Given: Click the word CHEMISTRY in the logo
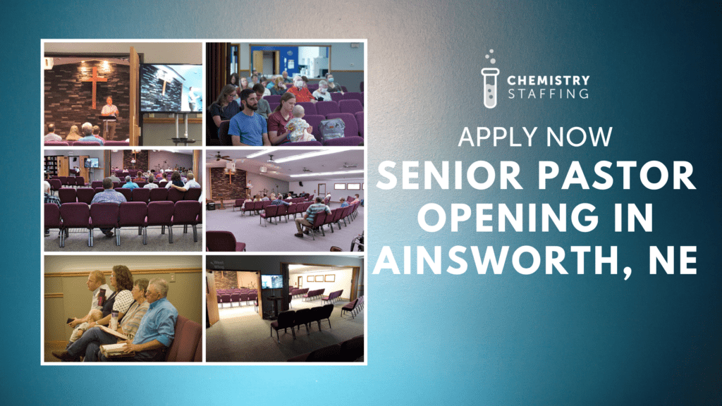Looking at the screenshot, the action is click(x=549, y=80).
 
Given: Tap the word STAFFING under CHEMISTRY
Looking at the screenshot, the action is click(x=549, y=94).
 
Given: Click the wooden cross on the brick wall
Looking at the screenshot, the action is click(x=94, y=85).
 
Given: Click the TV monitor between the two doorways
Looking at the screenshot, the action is click(x=271, y=281).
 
